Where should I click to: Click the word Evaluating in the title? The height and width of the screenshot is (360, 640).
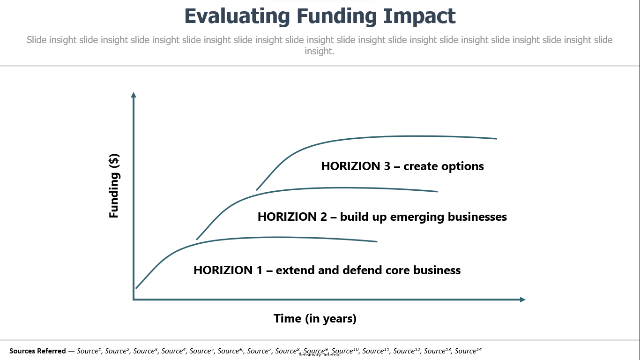tap(237, 16)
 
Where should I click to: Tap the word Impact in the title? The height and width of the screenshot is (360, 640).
tap(419, 16)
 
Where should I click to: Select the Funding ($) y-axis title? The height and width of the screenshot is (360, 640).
tap(114, 186)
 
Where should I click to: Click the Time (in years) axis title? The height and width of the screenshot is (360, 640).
tap(315, 319)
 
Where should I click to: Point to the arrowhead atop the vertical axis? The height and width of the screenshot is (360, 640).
tap(134, 95)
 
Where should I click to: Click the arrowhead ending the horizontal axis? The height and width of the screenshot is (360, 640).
tap(522, 300)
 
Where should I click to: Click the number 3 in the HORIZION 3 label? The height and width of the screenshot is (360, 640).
tap(387, 166)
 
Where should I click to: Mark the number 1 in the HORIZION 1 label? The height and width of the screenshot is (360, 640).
tap(260, 270)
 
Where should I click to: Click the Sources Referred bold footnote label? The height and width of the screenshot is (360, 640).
tap(37, 351)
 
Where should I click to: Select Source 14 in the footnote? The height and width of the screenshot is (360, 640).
tap(468, 351)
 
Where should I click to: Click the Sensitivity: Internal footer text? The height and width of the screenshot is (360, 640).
tap(320, 355)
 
